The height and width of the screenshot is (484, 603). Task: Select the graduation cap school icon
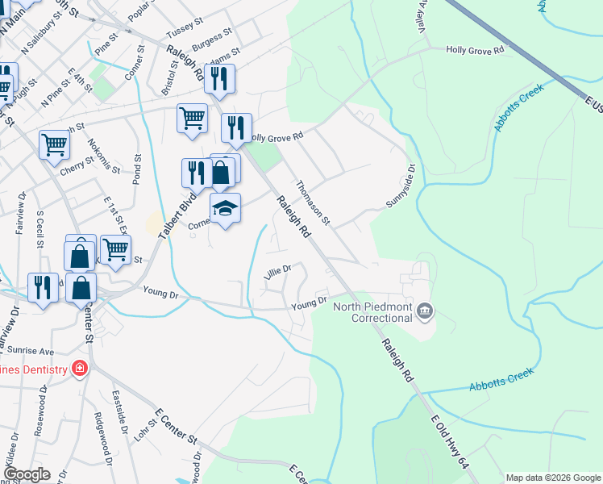226,209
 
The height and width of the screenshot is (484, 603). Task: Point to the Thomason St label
313,202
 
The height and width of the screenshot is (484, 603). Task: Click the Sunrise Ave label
30,352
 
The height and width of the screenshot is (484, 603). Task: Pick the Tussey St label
181,31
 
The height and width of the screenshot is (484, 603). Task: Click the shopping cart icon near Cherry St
55,144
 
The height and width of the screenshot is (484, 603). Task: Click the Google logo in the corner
27,474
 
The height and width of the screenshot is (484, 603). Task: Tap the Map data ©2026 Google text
552,478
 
